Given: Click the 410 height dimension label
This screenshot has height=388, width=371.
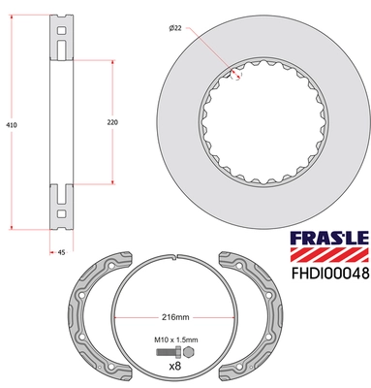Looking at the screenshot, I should [12, 125].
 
